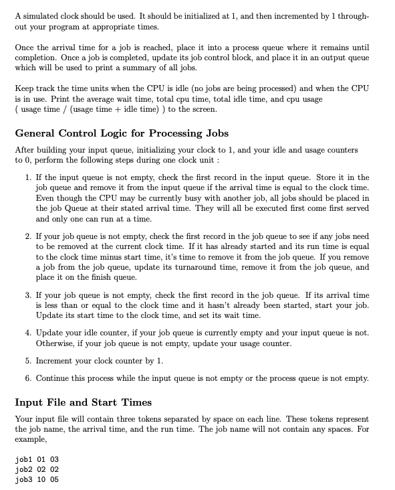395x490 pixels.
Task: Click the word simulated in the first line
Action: pyautogui.click(x=41, y=15)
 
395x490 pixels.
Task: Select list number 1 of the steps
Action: pyautogui.click(x=29, y=177)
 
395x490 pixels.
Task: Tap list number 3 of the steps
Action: pyautogui.click(x=29, y=295)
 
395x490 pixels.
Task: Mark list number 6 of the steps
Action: pyautogui.click(x=29, y=378)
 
